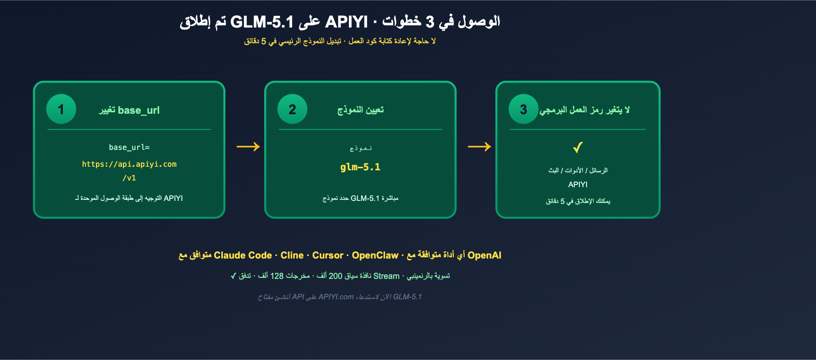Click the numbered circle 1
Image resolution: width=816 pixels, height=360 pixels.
pos(61,109)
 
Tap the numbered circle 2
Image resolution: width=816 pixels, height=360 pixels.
pos(292,109)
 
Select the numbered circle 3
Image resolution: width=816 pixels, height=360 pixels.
pos(523,109)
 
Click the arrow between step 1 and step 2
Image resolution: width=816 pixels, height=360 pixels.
pos(248,147)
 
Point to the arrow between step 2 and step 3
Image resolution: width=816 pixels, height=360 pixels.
pos(479,147)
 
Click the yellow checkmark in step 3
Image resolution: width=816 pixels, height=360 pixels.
pos(577,147)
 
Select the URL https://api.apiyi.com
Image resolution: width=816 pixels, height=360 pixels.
pos(129,164)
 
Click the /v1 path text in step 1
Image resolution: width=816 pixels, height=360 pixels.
pos(129,178)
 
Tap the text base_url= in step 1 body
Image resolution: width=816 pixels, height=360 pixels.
pos(129,147)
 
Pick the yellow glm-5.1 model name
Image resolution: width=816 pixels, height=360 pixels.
pos(360,167)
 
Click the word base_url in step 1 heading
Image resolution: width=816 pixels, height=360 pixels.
pos(139,110)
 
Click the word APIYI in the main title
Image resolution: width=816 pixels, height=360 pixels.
pos(346,22)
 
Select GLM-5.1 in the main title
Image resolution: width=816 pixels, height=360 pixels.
pos(262,22)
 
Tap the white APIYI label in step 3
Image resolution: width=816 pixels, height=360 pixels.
pos(578,185)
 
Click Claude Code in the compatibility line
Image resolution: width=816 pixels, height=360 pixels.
pos(243,255)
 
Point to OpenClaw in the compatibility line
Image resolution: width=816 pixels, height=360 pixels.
pos(375,255)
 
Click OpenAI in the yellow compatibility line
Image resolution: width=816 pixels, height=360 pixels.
pos(484,255)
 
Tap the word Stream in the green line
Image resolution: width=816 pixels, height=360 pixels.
pos(386,276)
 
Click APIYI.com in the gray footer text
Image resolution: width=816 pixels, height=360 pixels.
pos(336,297)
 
